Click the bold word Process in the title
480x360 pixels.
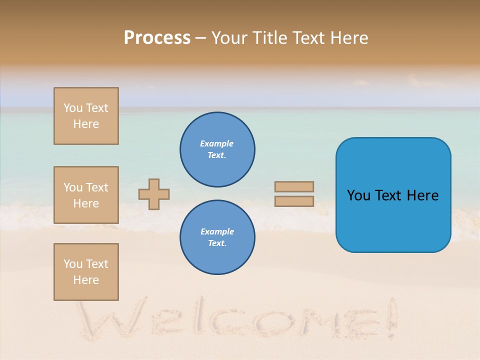(x=157, y=38)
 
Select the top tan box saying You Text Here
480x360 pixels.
(x=86, y=116)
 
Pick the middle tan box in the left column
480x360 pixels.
(x=86, y=195)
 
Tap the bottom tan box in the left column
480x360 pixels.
(x=86, y=272)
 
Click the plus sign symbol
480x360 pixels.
(x=154, y=194)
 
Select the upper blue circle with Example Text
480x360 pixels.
(x=217, y=149)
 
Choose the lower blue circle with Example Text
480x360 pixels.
(x=217, y=237)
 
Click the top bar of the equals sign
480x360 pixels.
(x=294, y=186)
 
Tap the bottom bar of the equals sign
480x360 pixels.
(x=294, y=201)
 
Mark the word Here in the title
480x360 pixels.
(x=348, y=38)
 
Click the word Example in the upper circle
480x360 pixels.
(x=217, y=143)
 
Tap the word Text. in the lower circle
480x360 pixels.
(x=217, y=243)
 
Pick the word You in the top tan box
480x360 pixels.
(x=73, y=108)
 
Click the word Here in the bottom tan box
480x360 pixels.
(x=86, y=280)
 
